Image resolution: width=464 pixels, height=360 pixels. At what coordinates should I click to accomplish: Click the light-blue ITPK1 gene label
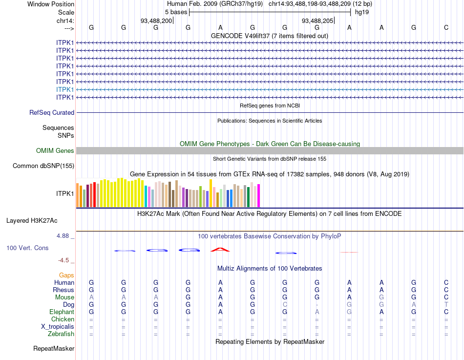pyautogui.click(x=65, y=89)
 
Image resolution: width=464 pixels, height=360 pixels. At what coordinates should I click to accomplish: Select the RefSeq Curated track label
pyautogui.click(x=52, y=112)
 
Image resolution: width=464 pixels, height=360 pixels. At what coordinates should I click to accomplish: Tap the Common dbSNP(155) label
pyautogui.click(x=43, y=166)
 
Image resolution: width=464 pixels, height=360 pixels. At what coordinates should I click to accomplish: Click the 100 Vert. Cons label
pyautogui.click(x=27, y=248)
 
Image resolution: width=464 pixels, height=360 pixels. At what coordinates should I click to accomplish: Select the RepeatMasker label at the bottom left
pyautogui.click(x=54, y=349)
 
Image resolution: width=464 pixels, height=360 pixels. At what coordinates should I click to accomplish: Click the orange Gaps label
pyautogui.click(x=66, y=275)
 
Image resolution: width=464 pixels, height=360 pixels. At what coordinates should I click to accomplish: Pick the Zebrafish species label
pyautogui.click(x=62, y=334)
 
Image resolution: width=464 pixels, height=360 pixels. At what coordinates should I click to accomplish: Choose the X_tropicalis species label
pyautogui.click(x=58, y=327)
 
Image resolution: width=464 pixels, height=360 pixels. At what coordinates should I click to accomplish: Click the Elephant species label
pyautogui.click(x=62, y=312)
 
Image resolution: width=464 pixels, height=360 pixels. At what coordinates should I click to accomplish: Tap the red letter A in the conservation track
pyautogui.click(x=220, y=250)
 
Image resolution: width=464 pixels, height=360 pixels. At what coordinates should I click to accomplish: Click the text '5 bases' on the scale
pyautogui.click(x=176, y=12)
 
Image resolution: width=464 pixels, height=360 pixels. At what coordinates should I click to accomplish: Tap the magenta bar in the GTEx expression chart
pyautogui.click(x=259, y=195)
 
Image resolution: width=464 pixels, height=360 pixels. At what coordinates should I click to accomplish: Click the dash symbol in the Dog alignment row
pyautogui.click(x=317, y=305)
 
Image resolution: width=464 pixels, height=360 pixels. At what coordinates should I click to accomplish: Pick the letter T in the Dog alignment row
pyautogui.click(x=446, y=305)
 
